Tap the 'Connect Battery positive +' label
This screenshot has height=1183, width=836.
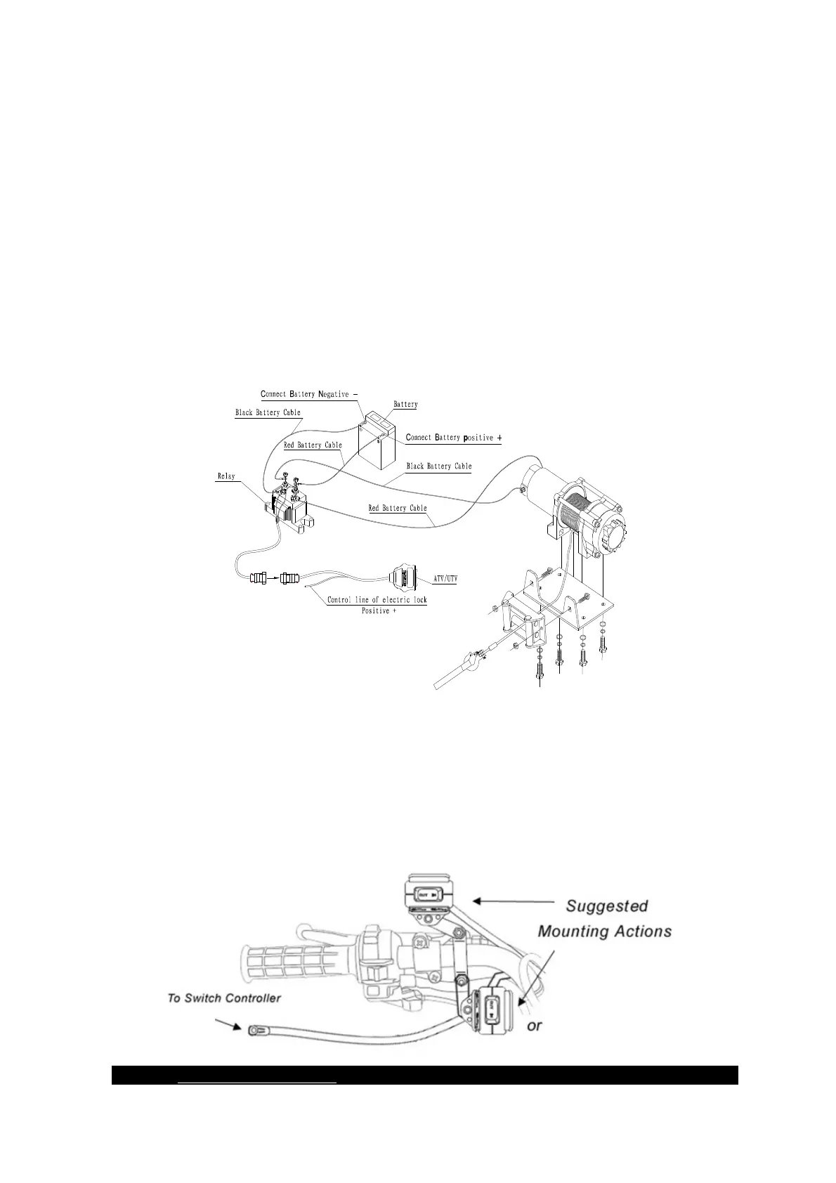tap(453, 438)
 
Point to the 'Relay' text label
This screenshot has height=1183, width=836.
tap(226, 476)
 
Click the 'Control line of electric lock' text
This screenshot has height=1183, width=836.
tap(377, 599)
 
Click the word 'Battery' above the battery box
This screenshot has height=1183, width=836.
tap(405, 404)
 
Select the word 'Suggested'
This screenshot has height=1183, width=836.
tap(606, 906)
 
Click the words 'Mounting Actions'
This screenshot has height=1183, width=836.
tap(604, 932)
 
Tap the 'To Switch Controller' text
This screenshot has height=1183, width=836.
tap(224, 998)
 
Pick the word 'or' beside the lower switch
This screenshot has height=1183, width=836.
tap(535, 1026)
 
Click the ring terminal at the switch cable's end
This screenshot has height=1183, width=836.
tap(254, 1030)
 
